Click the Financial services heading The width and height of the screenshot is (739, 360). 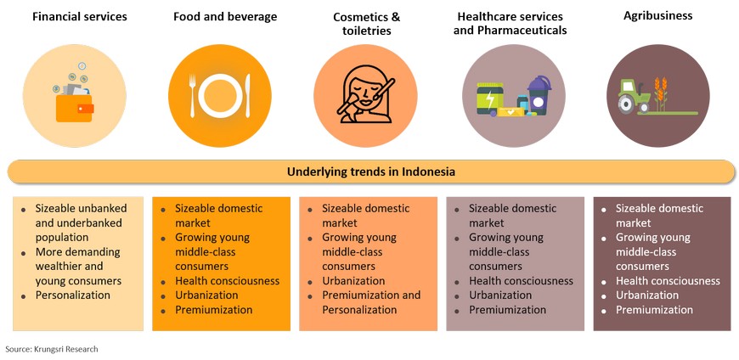80,17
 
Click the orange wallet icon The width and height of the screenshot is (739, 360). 75,108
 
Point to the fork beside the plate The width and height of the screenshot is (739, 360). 192,96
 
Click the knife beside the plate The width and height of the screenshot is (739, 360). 248,96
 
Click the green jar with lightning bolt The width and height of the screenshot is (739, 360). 489,98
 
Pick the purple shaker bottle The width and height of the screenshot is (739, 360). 539,96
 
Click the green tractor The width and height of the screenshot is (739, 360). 635,96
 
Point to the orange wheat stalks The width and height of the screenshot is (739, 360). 661,93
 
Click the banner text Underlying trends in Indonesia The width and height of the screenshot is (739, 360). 371,172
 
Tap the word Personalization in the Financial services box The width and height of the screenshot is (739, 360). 73,295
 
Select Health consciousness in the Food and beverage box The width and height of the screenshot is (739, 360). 227,281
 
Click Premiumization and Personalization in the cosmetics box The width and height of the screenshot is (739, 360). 371,302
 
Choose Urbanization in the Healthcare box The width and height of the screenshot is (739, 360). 500,295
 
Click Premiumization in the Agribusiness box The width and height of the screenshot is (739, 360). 654,310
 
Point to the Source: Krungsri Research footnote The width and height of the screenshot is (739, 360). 52,349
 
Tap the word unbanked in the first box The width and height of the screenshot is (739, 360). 104,208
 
